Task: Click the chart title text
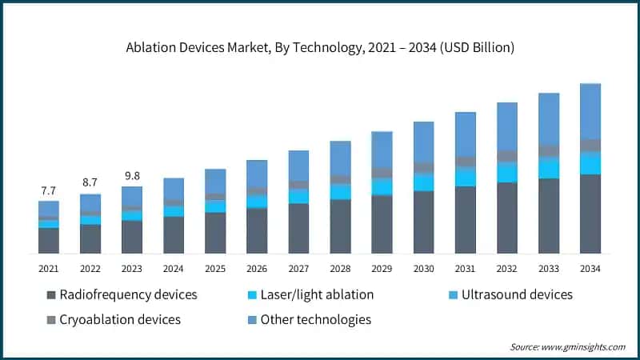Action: (320, 47)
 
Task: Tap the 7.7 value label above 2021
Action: (48, 190)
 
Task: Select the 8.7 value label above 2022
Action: (90, 183)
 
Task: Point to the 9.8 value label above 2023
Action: (131, 176)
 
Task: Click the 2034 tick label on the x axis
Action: (590, 268)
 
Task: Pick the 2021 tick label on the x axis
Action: (48, 268)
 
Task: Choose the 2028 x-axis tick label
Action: (340, 268)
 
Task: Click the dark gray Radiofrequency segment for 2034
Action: (590, 214)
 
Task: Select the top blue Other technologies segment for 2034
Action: (590, 111)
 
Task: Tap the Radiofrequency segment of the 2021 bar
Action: (48, 240)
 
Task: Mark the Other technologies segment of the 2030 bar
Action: (423, 142)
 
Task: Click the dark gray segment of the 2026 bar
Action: (257, 230)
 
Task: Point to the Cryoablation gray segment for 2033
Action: (548, 150)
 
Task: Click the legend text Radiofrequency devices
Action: (128, 294)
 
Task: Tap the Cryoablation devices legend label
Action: (120, 319)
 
